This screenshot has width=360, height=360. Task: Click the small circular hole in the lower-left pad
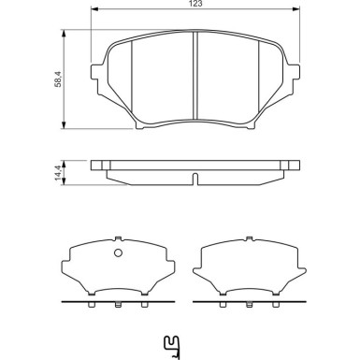[x=118, y=253]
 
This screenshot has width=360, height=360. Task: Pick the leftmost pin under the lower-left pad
[x=91, y=306]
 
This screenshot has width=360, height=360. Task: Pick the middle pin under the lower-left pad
[x=118, y=306]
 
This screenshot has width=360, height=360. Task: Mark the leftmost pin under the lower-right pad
[x=223, y=306]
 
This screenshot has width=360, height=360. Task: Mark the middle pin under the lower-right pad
[x=251, y=306]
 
